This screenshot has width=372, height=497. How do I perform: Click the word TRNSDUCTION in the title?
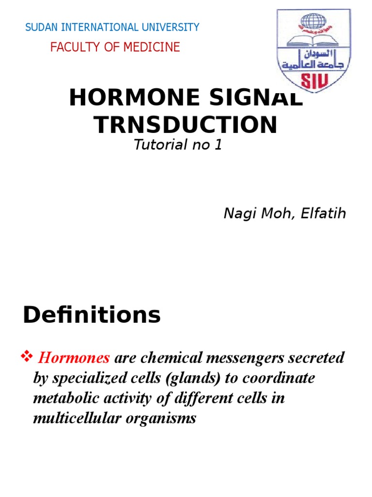click(186, 125)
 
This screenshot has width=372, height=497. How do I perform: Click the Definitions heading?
click(92, 315)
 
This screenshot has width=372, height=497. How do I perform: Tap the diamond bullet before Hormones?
click(27, 358)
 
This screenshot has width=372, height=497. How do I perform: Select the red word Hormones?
click(74, 359)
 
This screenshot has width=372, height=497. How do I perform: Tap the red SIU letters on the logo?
click(314, 81)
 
